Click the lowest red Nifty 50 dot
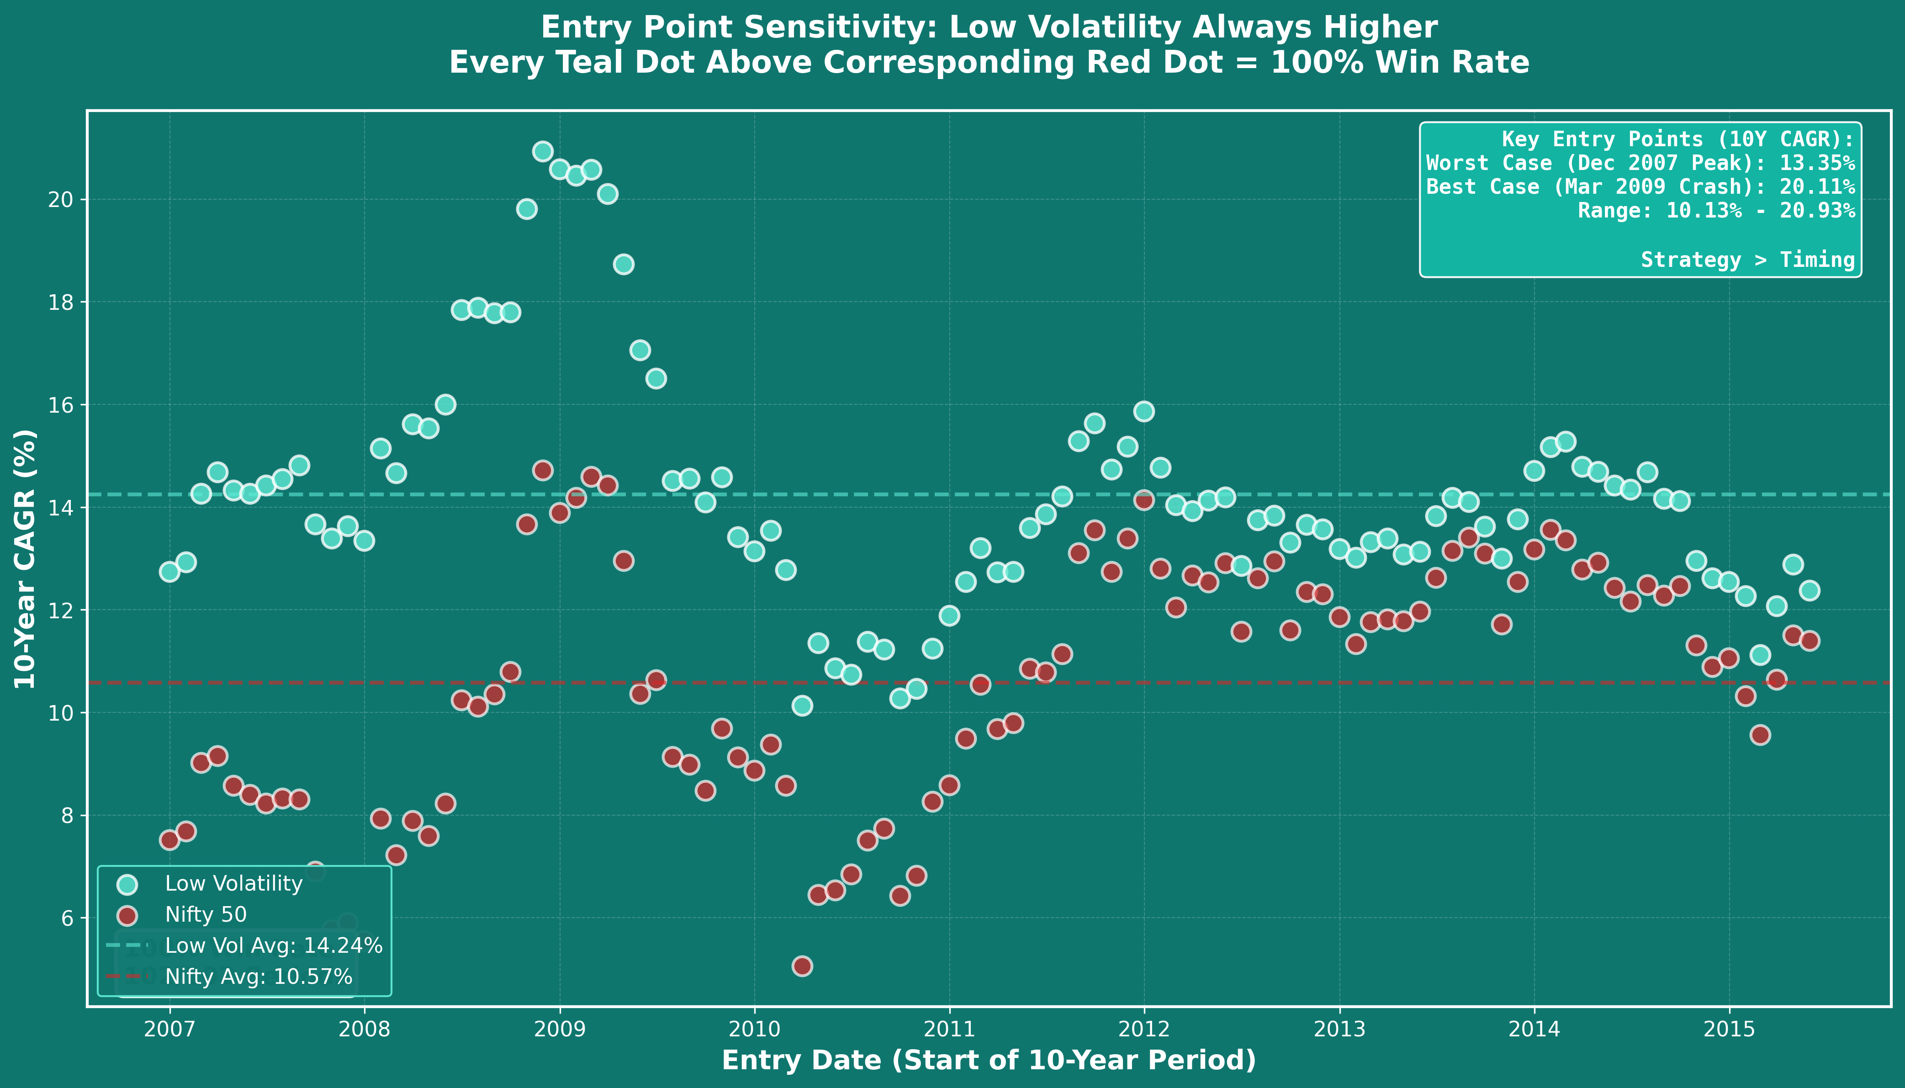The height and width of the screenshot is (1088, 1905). click(x=802, y=966)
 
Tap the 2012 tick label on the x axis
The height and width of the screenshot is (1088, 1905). click(x=1144, y=1030)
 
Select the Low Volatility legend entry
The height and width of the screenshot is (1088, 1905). click(x=233, y=884)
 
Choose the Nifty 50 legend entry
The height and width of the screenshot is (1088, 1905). click(x=206, y=915)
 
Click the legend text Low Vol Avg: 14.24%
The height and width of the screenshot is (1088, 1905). click(x=274, y=946)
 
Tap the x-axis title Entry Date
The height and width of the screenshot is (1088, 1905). click(x=988, y=1060)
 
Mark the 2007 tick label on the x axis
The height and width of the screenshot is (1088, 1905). click(x=169, y=1030)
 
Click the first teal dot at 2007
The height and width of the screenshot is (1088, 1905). click(x=169, y=572)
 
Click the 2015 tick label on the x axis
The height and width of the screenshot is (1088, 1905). click(x=1729, y=1030)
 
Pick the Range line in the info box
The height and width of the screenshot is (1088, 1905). click(x=1716, y=211)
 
